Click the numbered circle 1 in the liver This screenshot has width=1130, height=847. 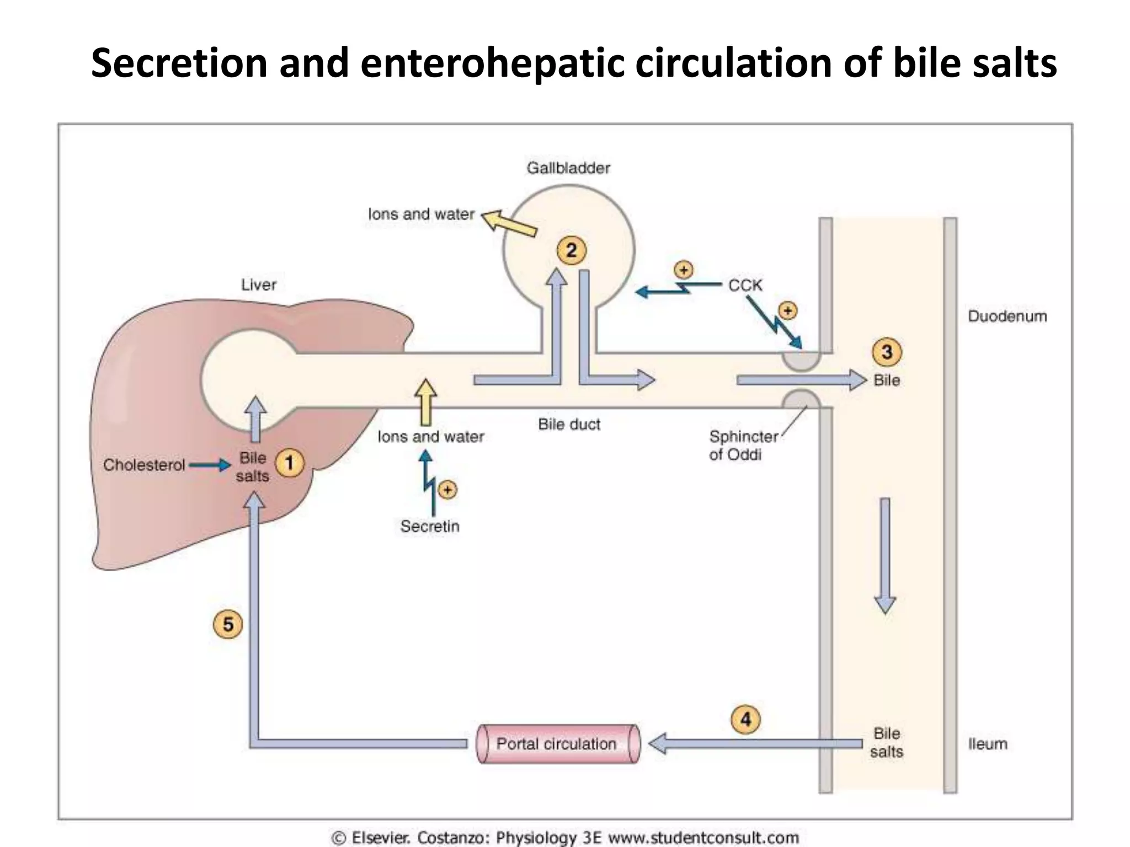point(289,463)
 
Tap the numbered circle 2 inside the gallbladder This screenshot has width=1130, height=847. point(571,250)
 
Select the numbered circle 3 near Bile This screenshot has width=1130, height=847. point(887,351)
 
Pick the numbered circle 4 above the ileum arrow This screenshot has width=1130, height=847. point(745,720)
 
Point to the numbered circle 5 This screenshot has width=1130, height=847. point(227,625)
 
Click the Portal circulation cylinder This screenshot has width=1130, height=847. point(557,744)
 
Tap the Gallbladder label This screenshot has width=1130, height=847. point(568,168)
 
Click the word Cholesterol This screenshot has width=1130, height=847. point(144,465)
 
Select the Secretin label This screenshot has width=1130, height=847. point(430,526)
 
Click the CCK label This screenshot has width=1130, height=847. point(745,285)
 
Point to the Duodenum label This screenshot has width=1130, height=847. point(1007,316)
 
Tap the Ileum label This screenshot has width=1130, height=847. point(988,744)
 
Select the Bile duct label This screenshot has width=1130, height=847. point(569,424)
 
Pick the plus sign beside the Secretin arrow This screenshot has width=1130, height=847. point(447,490)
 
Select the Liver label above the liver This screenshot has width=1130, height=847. point(258,285)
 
